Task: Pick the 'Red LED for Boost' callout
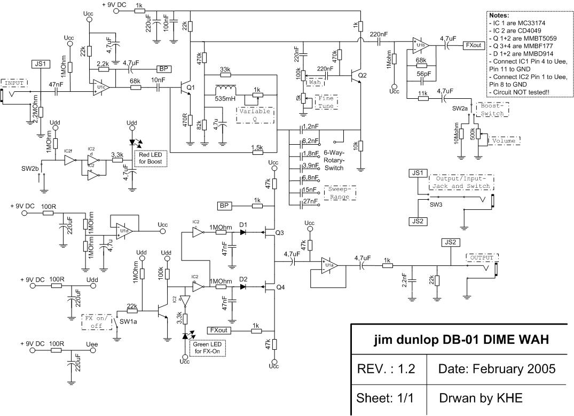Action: click(151, 158)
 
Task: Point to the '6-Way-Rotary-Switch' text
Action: click(334, 160)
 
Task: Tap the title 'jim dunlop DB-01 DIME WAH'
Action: click(462, 340)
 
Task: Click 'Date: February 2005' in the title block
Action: click(497, 368)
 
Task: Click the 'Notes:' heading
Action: click(501, 15)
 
